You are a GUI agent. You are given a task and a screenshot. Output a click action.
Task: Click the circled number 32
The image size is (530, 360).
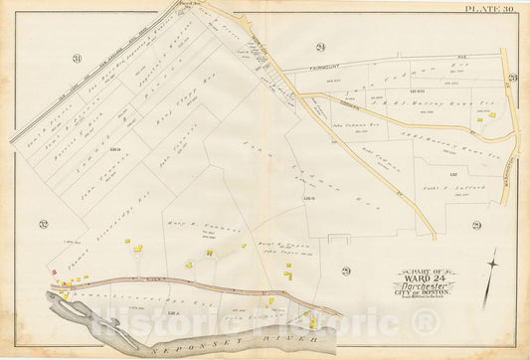44,224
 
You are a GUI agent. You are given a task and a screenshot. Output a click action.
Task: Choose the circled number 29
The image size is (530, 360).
345,270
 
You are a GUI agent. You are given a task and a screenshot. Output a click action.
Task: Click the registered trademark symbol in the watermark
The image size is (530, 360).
423,320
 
